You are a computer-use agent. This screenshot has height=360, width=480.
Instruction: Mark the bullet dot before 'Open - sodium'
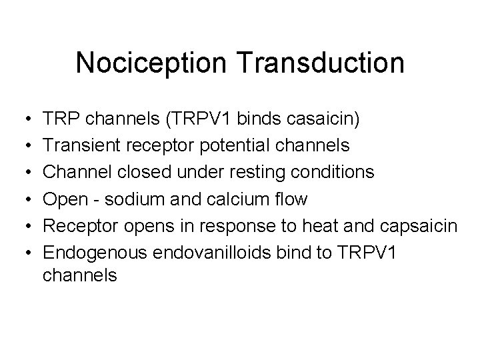22,199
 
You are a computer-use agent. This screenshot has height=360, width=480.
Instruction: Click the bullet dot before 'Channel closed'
22,173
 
